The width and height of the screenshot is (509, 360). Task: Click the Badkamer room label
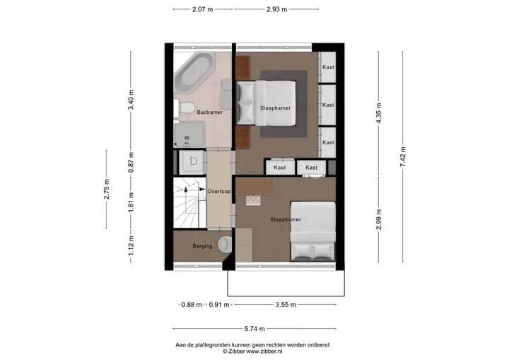tap(210, 112)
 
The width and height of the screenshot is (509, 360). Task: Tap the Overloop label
tap(219, 192)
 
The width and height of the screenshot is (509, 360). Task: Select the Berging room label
tap(202, 246)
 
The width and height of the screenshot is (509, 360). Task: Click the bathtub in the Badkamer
tap(194, 73)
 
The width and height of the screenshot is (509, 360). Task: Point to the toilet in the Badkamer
tap(185, 108)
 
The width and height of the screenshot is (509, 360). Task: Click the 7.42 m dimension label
tap(403, 157)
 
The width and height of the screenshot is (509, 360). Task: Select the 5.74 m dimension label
tap(255, 329)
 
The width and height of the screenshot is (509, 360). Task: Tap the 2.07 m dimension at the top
tap(203, 9)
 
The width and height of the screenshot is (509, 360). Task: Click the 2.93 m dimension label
tap(277, 9)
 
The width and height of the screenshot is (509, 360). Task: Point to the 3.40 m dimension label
tap(131, 100)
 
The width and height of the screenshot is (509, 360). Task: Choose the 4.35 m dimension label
tap(378, 113)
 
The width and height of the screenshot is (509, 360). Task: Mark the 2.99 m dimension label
tap(378, 220)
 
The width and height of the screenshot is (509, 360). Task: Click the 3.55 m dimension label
tap(286, 305)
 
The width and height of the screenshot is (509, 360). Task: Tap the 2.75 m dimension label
tap(107, 189)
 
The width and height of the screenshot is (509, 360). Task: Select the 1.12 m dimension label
tap(131, 245)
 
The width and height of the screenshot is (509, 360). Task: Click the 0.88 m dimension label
tap(192, 305)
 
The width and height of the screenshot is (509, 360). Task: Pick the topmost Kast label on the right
tap(328, 67)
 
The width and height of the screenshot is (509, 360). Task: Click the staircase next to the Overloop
tap(189, 203)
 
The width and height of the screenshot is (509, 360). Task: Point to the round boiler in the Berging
tap(225, 244)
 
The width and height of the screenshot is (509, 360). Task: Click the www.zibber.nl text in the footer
tap(264, 352)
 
